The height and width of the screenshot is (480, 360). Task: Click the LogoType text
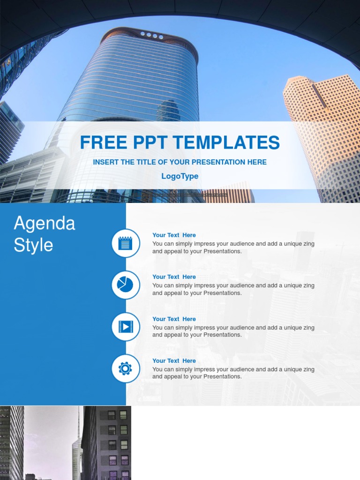click(180, 176)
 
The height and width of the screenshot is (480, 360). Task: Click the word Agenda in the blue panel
click(45, 224)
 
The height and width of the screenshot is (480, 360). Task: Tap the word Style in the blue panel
click(33, 245)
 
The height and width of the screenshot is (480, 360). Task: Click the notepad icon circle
click(126, 243)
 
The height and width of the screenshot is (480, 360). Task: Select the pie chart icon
click(126, 285)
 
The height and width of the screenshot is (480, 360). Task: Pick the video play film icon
click(126, 327)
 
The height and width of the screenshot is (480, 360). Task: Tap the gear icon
click(126, 368)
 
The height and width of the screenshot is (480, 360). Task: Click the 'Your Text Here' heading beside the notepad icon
click(174, 235)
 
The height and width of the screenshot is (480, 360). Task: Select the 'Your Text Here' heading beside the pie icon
click(174, 277)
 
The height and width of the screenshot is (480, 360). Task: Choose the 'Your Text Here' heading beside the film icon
click(174, 319)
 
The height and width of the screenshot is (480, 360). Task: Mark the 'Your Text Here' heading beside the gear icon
click(174, 361)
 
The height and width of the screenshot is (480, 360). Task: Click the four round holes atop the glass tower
click(152, 35)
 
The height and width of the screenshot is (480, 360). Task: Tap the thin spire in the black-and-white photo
click(78, 422)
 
